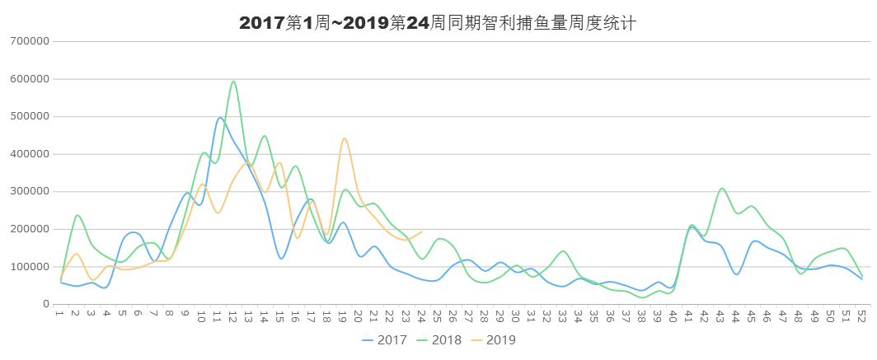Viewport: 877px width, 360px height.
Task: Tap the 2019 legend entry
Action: [499, 339]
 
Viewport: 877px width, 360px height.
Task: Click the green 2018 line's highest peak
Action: [234, 80]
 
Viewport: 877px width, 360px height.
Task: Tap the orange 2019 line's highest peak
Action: [345, 138]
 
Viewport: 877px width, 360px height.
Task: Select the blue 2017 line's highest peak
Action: [219, 118]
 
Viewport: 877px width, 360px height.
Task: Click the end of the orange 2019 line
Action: [423, 231]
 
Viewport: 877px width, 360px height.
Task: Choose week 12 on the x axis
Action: [232, 315]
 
